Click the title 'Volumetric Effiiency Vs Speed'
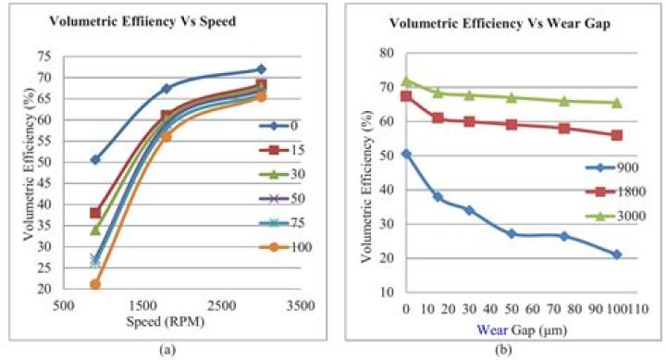[x=142, y=21]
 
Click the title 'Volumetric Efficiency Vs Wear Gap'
[x=499, y=23]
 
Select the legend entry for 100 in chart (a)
[x=285, y=247]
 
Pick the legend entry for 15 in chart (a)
[x=282, y=150]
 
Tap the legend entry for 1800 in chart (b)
[x=615, y=192]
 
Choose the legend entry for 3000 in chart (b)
[x=615, y=217]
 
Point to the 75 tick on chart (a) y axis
[x=43, y=56]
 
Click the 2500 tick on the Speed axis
[x=223, y=306]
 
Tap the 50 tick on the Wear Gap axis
[x=512, y=308]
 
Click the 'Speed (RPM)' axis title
[x=166, y=322]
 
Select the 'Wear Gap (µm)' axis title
[x=522, y=330]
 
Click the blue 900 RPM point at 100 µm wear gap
[x=617, y=254]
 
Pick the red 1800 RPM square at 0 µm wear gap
[x=406, y=96]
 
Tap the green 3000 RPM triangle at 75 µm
[x=564, y=101]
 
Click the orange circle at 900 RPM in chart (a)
[x=95, y=284]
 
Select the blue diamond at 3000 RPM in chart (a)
[x=261, y=69]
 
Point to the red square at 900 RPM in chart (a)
[x=95, y=213]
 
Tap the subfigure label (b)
[x=504, y=350]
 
